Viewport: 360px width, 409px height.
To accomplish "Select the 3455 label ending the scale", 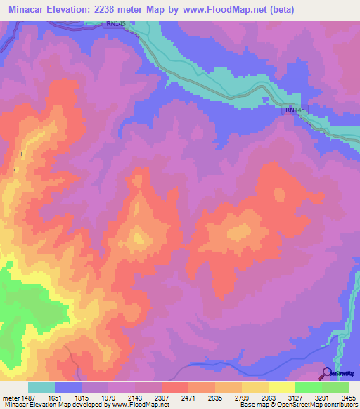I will click(x=349, y=398).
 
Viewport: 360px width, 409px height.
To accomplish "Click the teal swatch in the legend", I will click(x=41, y=387).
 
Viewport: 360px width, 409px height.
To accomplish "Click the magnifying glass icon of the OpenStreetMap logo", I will click(x=326, y=373).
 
